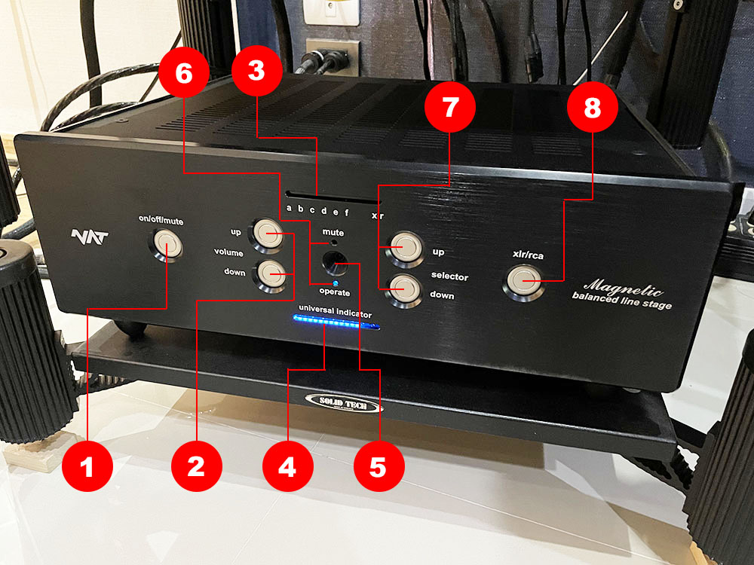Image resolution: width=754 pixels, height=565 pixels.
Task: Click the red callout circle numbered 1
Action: [x=87, y=467]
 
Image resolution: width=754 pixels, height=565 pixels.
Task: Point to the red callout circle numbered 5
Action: [x=377, y=466]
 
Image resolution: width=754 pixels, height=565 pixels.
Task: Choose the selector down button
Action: [x=403, y=289]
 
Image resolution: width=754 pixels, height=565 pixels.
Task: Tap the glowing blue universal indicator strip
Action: [x=336, y=325]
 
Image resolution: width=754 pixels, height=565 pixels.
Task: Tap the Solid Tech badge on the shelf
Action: [x=343, y=402]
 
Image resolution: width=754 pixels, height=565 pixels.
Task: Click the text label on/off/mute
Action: [x=166, y=221]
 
